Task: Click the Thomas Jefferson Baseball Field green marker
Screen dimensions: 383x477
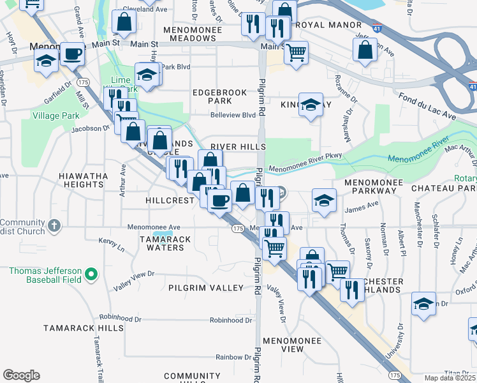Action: [x=91, y=275]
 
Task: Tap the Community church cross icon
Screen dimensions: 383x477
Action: [x=55, y=225]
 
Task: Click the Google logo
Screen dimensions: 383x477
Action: [x=21, y=375]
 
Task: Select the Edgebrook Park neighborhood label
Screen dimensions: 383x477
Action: [x=219, y=96]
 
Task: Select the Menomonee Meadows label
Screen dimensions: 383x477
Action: [x=198, y=34]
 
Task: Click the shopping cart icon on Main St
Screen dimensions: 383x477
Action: [x=296, y=52]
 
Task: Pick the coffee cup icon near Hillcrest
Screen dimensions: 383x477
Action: [x=220, y=200]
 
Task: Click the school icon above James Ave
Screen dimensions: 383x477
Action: [x=324, y=200]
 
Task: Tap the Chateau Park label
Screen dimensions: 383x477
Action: [x=444, y=189]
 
